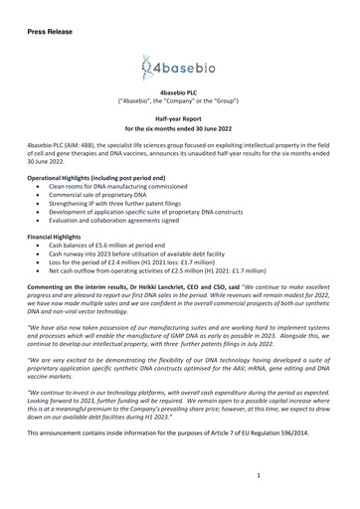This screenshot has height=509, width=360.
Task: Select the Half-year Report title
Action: click(x=179, y=117)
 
